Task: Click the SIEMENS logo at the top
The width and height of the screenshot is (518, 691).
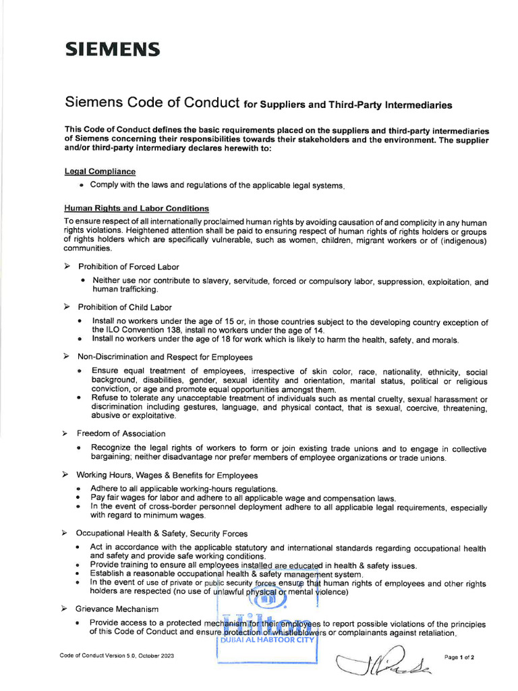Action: [112, 49]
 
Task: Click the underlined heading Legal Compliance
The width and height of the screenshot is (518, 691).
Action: [100, 172]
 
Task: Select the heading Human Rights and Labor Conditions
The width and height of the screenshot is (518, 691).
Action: [136, 209]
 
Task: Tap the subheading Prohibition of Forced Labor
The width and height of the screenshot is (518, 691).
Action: [128, 267]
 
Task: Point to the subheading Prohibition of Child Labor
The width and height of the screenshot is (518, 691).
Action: [124, 307]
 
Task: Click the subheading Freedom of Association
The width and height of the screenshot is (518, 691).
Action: [121, 433]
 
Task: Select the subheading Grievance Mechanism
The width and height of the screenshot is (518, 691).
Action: [118, 609]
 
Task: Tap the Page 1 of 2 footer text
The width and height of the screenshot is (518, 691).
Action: [459, 657]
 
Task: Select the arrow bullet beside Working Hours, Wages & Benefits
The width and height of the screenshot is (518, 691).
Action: [67, 474]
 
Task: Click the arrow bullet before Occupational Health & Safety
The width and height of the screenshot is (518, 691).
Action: [67, 533]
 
